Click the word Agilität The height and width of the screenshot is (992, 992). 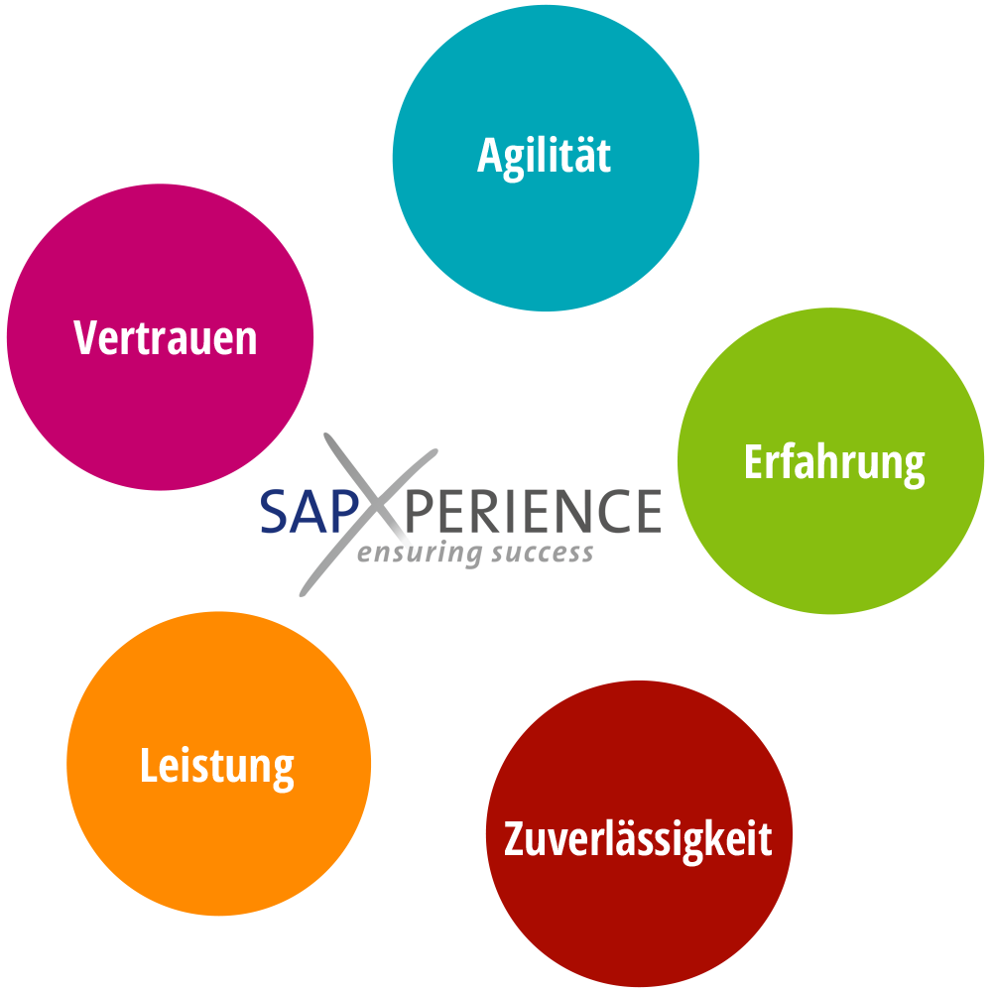(544, 157)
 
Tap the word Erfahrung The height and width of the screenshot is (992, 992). (833, 463)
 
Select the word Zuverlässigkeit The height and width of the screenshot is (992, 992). (638, 839)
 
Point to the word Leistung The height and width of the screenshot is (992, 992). (217, 767)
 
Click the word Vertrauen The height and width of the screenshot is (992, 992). (166, 338)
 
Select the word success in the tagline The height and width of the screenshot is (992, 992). (542, 554)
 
